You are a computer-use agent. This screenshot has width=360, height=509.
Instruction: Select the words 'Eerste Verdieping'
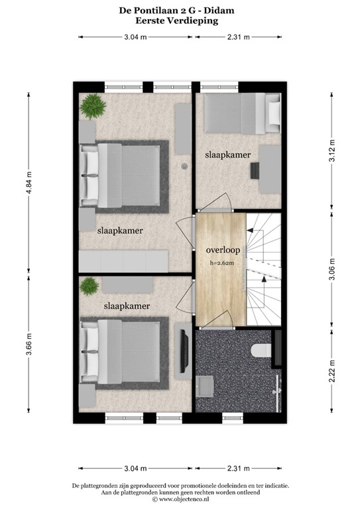pyautogui.click(x=180, y=21)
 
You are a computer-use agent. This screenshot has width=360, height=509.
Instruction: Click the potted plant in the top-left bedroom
pyautogui.click(x=90, y=105)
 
